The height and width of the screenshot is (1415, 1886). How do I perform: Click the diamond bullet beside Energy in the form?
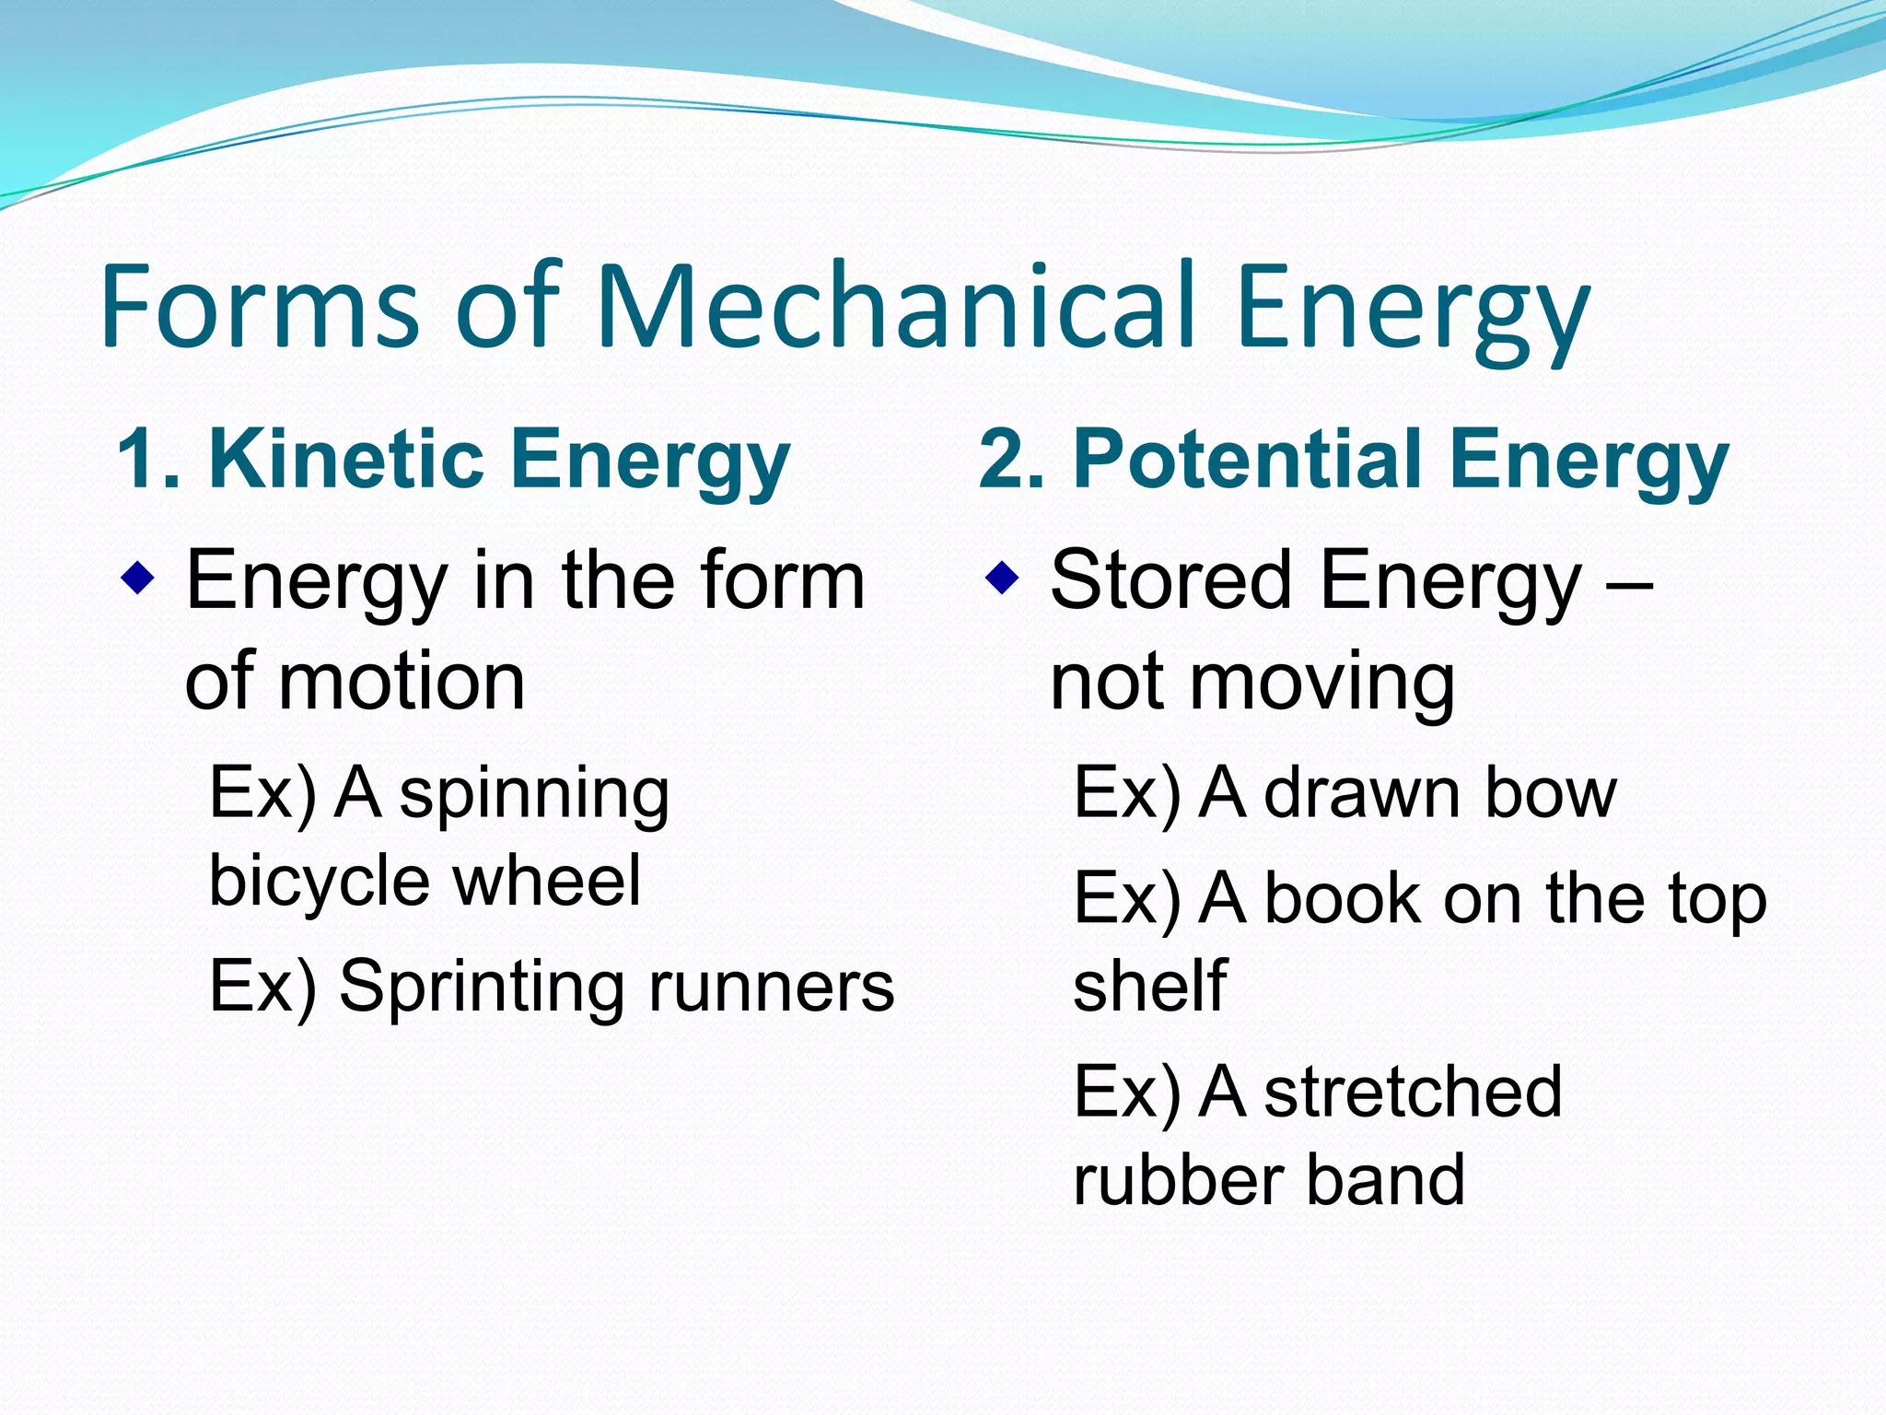137,580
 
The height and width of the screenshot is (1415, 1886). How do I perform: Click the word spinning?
533,794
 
